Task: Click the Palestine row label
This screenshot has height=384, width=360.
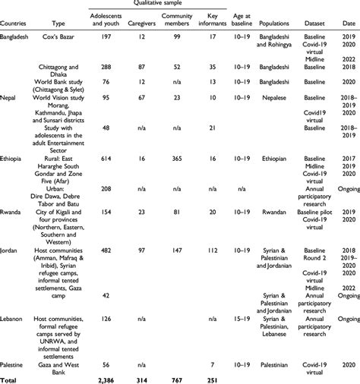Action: pyautogui.click(x=15, y=365)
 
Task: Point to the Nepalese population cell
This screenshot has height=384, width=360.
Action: pyautogui.click(x=284, y=97)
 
